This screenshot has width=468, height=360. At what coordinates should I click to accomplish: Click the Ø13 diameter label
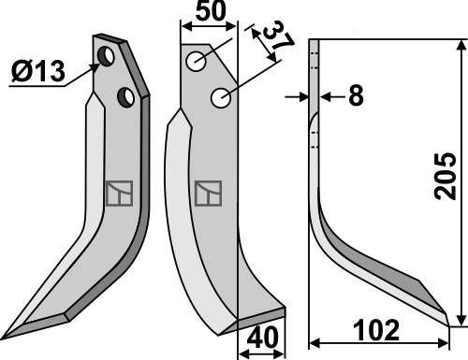38,71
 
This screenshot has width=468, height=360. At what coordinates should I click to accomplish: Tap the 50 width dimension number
210,11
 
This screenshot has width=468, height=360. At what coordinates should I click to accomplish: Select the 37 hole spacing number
278,35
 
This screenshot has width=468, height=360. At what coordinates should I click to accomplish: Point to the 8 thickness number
356,95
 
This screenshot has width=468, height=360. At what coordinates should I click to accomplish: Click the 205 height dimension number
446,176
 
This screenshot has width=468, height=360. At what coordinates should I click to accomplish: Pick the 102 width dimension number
376,330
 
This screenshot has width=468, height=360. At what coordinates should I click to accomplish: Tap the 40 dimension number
262,337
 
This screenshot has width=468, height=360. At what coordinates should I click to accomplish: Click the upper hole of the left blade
106,56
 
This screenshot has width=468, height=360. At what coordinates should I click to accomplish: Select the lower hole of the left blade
125,97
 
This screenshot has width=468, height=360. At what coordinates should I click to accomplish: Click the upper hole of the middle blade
196,61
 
